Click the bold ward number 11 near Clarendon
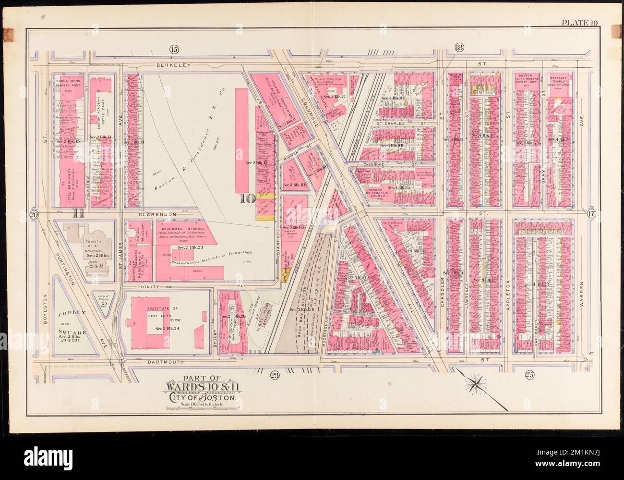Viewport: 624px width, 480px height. pyautogui.click(x=76, y=213)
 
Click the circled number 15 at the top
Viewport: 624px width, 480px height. pyautogui.click(x=173, y=49)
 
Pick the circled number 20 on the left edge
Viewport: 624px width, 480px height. pyautogui.click(x=34, y=214)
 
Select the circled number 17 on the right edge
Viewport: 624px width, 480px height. pyautogui.click(x=590, y=214)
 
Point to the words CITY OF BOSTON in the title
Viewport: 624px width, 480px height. pyautogui.click(x=201, y=398)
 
